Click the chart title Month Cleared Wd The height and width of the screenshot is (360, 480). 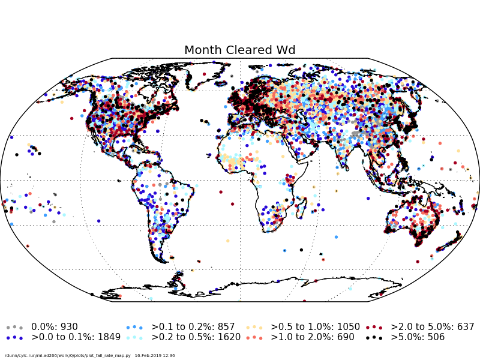click(240, 50)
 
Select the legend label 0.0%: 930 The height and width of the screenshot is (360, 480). click(55, 327)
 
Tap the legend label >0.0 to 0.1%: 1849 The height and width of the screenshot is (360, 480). click(76, 337)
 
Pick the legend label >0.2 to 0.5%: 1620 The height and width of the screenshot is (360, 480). click(196, 337)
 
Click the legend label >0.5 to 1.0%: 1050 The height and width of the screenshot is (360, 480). click(315, 327)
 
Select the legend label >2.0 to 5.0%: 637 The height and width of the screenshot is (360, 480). click(432, 327)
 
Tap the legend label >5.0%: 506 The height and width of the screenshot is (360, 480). click(418, 337)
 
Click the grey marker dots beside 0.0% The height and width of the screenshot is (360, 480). click(14, 327)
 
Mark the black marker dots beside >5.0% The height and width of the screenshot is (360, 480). click(374, 337)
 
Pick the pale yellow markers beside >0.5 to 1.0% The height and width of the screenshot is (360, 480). click(254, 327)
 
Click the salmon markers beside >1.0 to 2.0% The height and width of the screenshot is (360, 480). click(254, 337)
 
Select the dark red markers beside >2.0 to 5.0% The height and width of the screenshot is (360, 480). click(374, 327)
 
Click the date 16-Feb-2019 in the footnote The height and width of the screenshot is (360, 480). click(147, 356)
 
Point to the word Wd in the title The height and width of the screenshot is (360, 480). click(286, 50)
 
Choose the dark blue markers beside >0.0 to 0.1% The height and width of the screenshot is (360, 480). click(14, 337)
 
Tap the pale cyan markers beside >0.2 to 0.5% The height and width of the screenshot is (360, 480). click(134, 337)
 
